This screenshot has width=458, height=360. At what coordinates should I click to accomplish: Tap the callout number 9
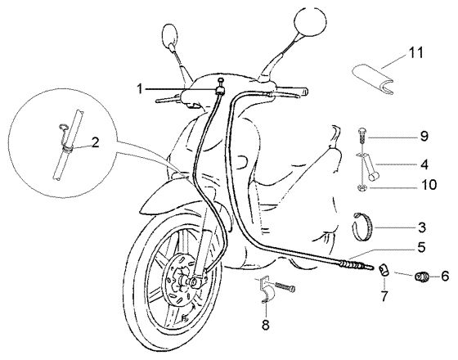tap(424, 137)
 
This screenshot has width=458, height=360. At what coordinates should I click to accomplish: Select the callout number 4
tap(424, 164)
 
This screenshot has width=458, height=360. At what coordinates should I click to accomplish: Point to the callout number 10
tap(429, 185)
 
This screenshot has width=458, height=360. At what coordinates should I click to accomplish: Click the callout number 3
tap(422, 227)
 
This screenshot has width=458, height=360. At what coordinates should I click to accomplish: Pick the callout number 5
tap(421, 248)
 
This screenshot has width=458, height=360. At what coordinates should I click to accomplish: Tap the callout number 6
tap(445, 276)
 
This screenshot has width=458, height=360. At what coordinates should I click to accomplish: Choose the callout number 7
tap(384, 296)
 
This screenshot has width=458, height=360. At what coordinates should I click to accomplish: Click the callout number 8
tap(266, 325)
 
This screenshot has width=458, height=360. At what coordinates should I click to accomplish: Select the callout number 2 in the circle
tap(95, 142)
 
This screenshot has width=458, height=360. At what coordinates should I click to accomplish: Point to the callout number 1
tap(140, 88)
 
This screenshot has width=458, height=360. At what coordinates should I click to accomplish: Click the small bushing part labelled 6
tap(421, 277)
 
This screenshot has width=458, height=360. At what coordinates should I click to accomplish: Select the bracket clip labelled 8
tap(266, 290)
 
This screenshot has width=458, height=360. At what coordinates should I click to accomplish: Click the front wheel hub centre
tap(193, 282)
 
